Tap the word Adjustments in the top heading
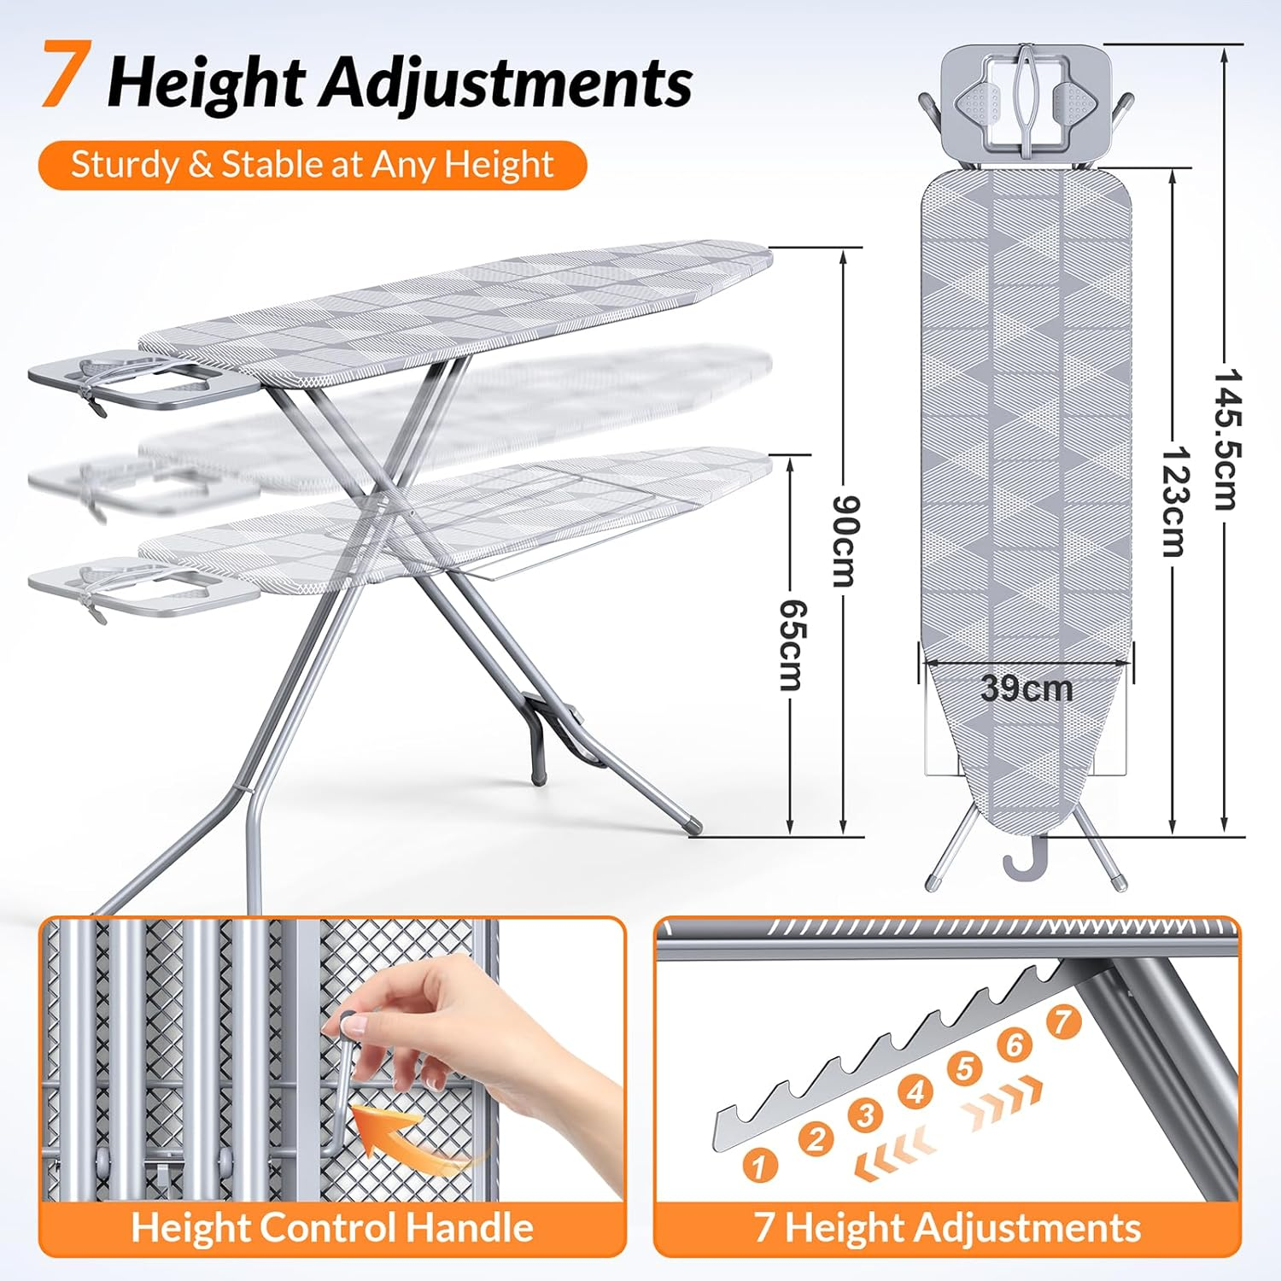[x=506, y=84]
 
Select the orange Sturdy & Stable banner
[x=313, y=165]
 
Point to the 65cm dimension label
[x=793, y=645]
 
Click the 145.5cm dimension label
[x=1226, y=439]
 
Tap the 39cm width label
[x=1026, y=688]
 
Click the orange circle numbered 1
[x=759, y=1165]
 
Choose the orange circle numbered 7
[x=1062, y=1021]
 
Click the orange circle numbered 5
[x=965, y=1068]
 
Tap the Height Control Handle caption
[x=332, y=1227]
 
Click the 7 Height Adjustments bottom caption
[x=947, y=1227]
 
